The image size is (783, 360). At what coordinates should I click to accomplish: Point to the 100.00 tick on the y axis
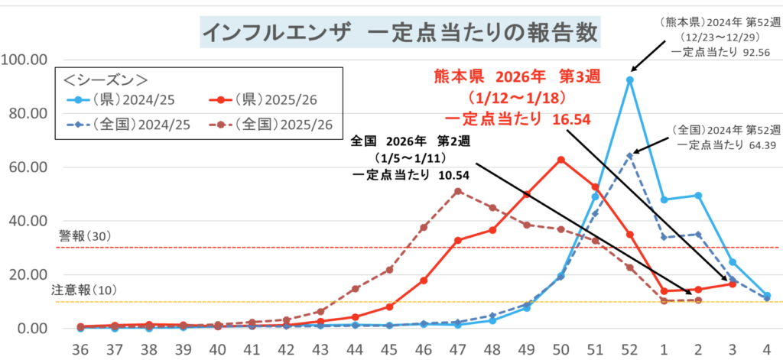click(26, 60)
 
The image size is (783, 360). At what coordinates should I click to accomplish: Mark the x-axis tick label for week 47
click(456, 349)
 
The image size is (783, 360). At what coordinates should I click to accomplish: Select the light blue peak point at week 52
click(629, 79)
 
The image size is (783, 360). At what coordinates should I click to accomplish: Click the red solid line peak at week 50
click(560, 160)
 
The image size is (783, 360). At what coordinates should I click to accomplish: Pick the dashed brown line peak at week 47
click(457, 191)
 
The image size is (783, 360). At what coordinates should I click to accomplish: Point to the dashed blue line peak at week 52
click(629, 156)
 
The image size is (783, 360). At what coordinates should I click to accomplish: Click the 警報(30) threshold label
click(84, 238)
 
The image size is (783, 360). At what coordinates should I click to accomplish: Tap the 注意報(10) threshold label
click(83, 290)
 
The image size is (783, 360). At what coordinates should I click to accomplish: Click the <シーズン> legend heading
click(106, 79)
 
